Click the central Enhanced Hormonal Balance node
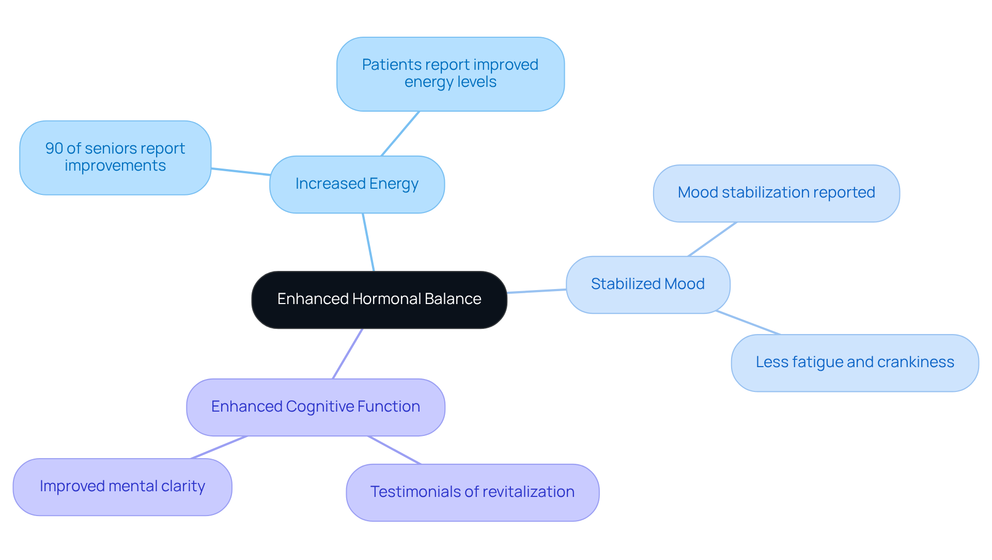(379, 299)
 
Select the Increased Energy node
(357, 184)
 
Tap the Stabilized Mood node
(647, 284)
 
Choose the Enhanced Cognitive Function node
(315, 407)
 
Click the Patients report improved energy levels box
(450, 73)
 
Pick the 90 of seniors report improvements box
(115, 157)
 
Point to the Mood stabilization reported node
(776, 193)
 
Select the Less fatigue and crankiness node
(855, 362)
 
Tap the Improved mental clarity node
(122, 487)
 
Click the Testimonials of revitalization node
(472, 492)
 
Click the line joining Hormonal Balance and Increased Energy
(368, 242)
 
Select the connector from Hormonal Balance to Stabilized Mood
(536, 291)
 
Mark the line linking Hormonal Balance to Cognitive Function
(348, 354)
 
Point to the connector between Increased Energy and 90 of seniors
(240, 172)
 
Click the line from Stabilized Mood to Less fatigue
(748, 323)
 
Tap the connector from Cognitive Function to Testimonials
(395, 450)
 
